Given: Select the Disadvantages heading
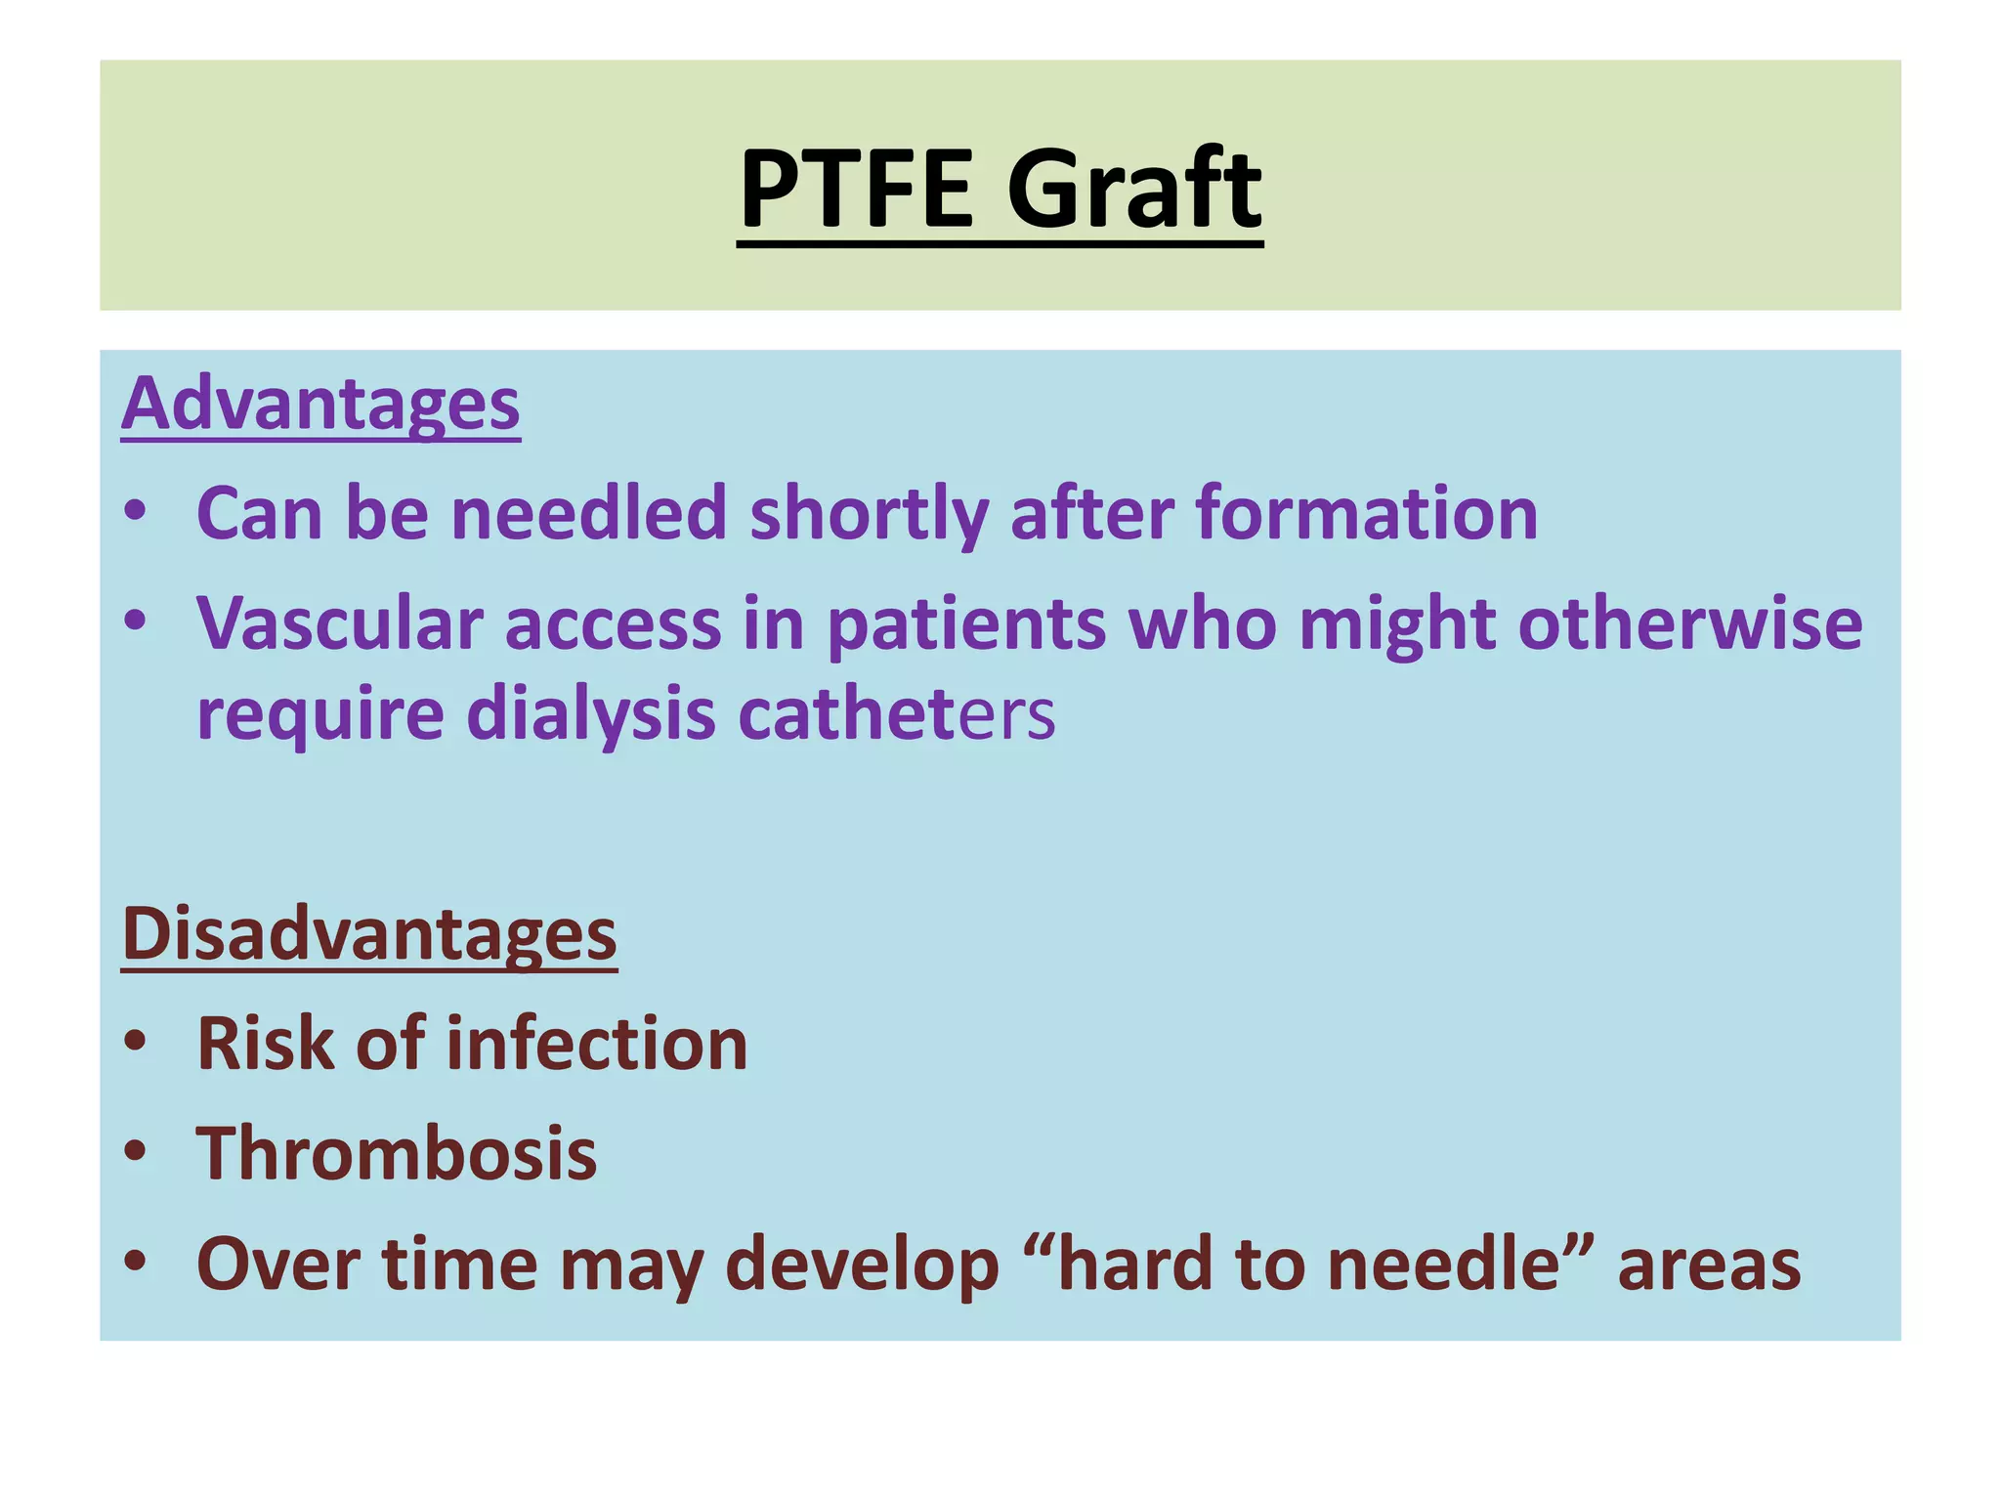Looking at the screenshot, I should (x=369, y=934).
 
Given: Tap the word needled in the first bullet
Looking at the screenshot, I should (x=588, y=514).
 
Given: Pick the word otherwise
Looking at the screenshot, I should (x=1689, y=623).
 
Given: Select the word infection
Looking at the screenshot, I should (x=597, y=1044).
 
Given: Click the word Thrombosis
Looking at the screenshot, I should (x=397, y=1154).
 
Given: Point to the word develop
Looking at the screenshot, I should (x=864, y=1265).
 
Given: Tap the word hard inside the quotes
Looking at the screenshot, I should (x=1131, y=1265).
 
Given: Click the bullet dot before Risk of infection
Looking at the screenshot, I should (x=136, y=1043).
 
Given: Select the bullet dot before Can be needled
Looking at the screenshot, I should (x=136, y=511).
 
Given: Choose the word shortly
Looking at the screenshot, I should (x=869, y=516).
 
